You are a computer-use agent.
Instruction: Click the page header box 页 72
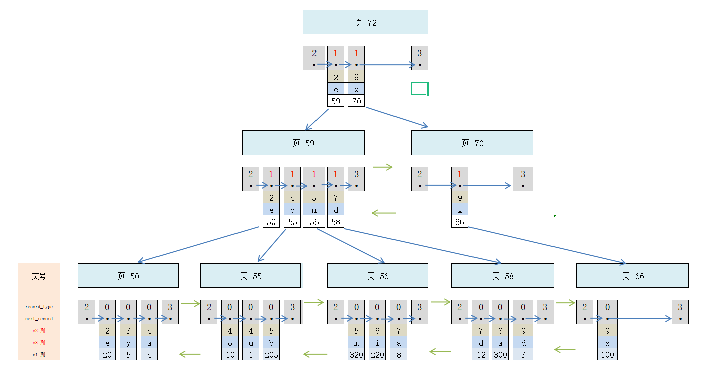point(365,22)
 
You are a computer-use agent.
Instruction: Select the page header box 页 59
point(303,143)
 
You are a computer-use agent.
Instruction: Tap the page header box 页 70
point(472,143)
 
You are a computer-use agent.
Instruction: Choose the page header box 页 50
point(128,276)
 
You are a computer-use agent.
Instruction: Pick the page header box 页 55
point(251,276)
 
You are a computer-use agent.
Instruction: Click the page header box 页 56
point(377,276)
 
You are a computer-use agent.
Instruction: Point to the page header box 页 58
point(502,276)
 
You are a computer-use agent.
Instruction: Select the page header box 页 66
point(632,276)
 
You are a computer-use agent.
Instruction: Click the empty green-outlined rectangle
point(419,89)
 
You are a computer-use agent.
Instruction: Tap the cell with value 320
point(356,355)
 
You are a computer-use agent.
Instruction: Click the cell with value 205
point(271,355)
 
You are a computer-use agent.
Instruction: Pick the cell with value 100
point(607,355)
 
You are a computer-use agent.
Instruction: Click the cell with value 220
point(377,355)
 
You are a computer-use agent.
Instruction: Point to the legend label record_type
point(39,307)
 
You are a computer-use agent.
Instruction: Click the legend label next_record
point(39,319)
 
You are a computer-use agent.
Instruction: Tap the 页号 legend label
point(39,276)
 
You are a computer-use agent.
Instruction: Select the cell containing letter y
point(128,343)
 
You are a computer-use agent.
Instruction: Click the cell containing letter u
point(251,343)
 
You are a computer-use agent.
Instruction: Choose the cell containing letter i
point(377,343)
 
